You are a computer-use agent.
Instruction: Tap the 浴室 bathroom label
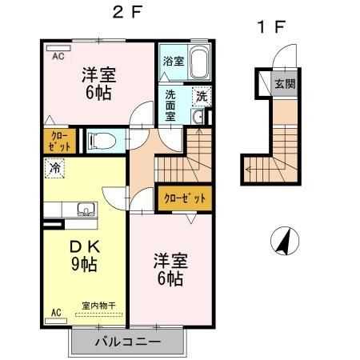(x=173, y=60)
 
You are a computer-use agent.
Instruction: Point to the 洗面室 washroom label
(x=172, y=103)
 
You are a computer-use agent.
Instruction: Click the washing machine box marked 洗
(x=202, y=96)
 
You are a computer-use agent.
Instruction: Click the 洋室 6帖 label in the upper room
(x=98, y=83)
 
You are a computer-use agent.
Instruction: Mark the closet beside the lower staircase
(x=186, y=198)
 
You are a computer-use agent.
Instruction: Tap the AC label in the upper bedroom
(x=58, y=57)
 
